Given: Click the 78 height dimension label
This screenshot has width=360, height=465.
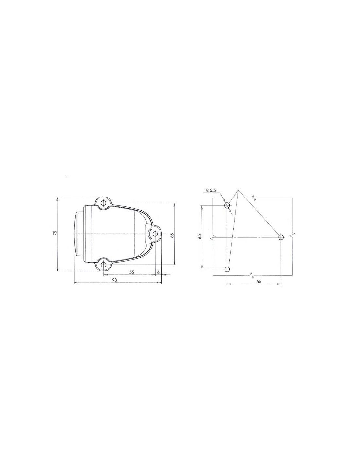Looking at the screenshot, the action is pos(55,233).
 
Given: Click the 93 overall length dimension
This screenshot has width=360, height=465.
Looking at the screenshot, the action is pos(114,280).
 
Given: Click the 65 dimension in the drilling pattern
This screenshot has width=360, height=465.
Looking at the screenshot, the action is pos(199,236).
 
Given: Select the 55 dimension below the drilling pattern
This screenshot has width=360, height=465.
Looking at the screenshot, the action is pos(259,281).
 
